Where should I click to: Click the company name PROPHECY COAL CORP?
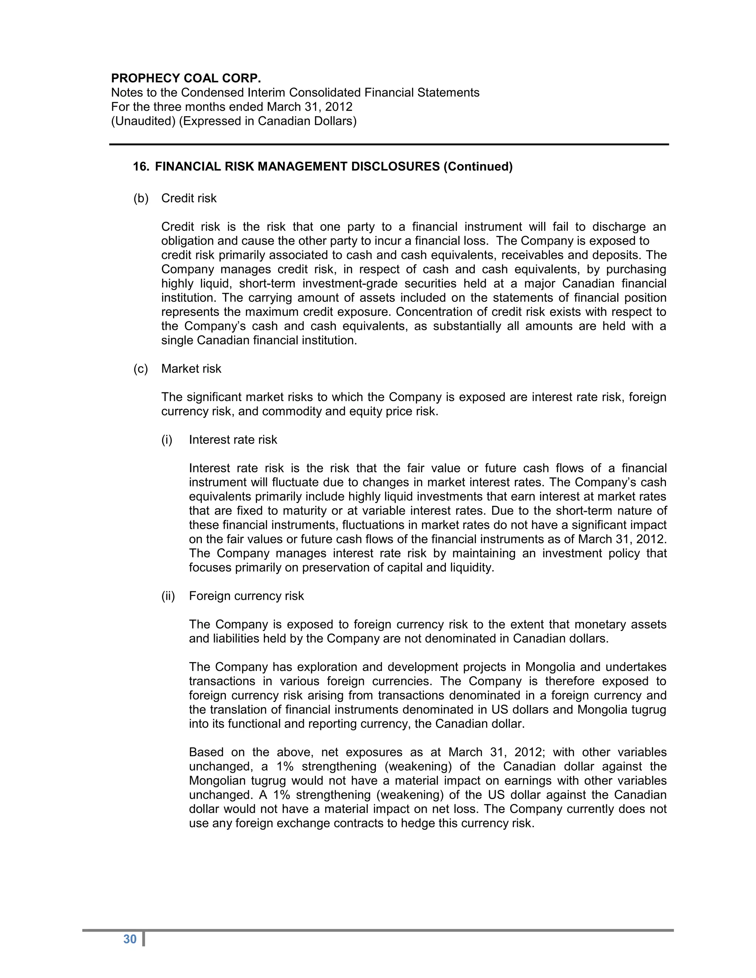(x=186, y=78)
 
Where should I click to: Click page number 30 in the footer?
(x=130, y=939)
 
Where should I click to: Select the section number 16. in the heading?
(x=141, y=166)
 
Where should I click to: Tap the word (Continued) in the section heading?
(x=478, y=166)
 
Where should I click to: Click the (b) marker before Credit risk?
(x=141, y=199)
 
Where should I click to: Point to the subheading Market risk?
(x=191, y=369)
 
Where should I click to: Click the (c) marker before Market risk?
(x=141, y=369)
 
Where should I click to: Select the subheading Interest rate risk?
(x=233, y=440)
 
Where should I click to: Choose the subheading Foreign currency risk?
(x=246, y=596)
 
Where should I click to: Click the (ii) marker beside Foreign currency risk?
(x=168, y=596)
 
